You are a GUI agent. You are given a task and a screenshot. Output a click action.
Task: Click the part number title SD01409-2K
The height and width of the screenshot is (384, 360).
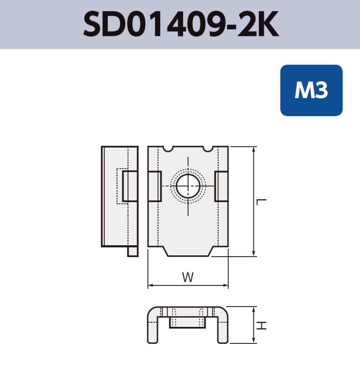click(x=181, y=25)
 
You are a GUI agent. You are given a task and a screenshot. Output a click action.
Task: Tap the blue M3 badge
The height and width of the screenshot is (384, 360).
click(x=311, y=91)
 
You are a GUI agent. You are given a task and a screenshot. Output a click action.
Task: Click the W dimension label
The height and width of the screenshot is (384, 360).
click(x=187, y=277)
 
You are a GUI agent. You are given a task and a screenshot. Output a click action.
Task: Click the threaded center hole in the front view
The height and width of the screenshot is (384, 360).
click(x=187, y=187)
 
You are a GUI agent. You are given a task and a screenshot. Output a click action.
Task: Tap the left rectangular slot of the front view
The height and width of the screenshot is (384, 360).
click(x=154, y=187)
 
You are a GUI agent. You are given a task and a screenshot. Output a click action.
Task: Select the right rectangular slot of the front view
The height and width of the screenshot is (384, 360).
click(x=221, y=187)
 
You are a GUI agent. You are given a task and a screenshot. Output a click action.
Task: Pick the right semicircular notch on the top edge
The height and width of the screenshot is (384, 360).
click(x=208, y=148)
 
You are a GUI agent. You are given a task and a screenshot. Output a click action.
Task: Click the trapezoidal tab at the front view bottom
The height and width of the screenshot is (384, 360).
click(x=188, y=251)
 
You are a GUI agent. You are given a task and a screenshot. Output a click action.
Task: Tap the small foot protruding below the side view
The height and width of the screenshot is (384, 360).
click(x=132, y=251)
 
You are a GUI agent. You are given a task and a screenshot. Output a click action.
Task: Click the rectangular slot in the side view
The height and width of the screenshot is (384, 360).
click(x=130, y=186)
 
